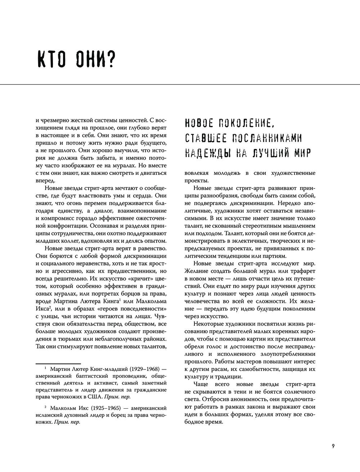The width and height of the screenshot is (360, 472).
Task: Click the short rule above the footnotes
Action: [x=58, y=364]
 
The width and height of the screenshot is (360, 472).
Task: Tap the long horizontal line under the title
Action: [x=180, y=85]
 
